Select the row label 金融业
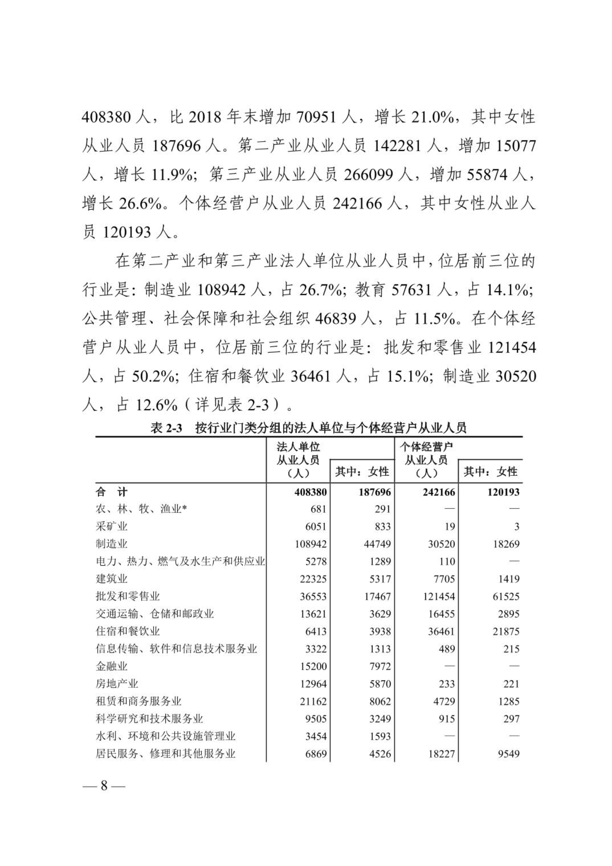click(x=112, y=666)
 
